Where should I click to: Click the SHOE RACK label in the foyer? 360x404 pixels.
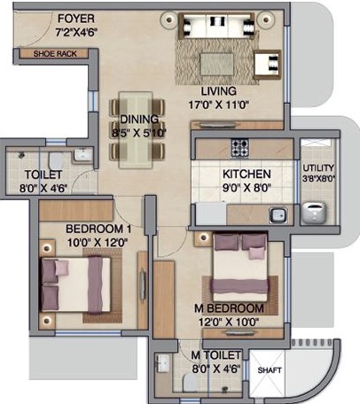(54, 53)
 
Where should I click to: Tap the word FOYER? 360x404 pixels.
(76, 19)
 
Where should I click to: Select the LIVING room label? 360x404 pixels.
(218, 90)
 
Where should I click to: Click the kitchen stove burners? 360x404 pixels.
(240, 147)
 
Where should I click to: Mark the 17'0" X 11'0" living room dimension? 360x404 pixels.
(218, 103)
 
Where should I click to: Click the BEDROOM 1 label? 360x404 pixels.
(98, 229)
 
